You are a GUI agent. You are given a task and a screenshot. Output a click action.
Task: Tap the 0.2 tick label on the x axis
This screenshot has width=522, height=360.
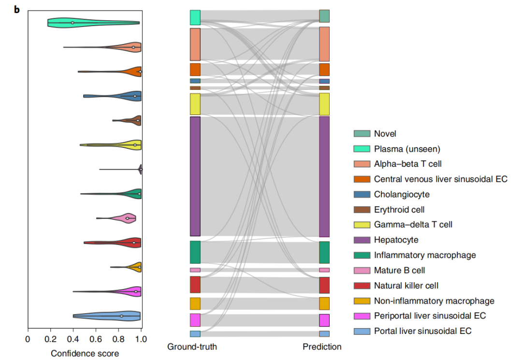click(x=51, y=339)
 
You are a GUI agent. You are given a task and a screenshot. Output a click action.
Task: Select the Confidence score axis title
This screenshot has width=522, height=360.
click(x=85, y=353)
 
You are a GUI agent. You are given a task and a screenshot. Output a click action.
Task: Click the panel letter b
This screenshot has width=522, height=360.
click(x=16, y=10)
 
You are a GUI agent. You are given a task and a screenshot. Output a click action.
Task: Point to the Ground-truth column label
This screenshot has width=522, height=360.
click(x=192, y=346)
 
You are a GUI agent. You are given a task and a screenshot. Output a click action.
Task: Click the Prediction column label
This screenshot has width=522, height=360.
click(x=322, y=346)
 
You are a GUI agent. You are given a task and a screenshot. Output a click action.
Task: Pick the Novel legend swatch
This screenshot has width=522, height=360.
click(x=362, y=134)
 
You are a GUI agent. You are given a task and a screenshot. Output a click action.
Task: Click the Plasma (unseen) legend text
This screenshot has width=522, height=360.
click(x=407, y=149)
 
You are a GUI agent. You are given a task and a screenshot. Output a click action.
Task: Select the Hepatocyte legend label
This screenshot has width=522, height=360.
click(x=396, y=240)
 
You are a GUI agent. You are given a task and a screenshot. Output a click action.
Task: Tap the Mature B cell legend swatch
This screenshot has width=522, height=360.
click(x=362, y=271)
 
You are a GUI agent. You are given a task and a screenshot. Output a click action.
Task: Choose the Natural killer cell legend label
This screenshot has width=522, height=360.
click(x=406, y=286)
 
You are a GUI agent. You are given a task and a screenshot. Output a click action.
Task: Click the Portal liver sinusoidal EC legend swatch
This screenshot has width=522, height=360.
click(x=362, y=331)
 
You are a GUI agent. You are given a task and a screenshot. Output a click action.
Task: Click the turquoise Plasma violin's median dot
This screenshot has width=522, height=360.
click(x=72, y=23)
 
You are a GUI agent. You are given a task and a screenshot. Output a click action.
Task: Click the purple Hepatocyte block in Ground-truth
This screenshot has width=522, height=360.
click(x=195, y=176)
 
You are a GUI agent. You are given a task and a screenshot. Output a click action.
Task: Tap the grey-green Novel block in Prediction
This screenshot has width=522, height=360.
click(x=324, y=16)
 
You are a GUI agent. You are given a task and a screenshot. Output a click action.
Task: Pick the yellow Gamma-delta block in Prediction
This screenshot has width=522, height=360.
click(x=324, y=104)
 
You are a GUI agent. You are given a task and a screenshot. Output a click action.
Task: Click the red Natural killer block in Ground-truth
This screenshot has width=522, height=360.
click(x=195, y=285)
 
